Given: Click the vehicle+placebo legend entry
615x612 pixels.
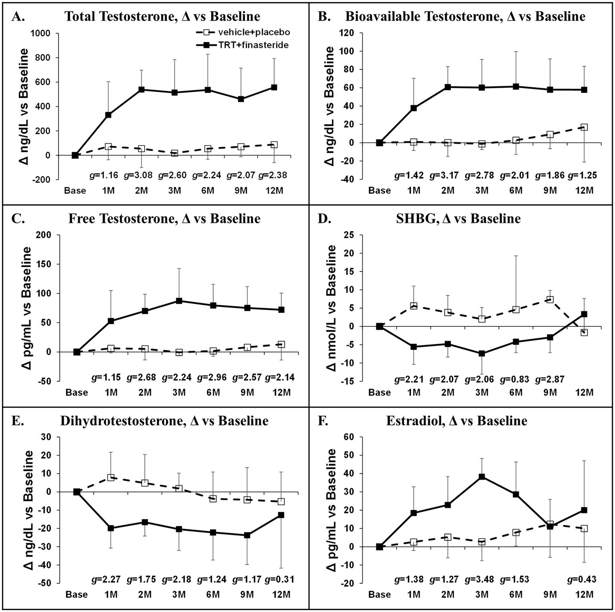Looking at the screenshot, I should pyautogui.click(x=242, y=32).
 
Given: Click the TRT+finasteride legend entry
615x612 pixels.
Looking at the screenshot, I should pyautogui.click(x=242, y=45).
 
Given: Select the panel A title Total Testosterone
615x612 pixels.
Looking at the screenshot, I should pyautogui.click(x=162, y=16).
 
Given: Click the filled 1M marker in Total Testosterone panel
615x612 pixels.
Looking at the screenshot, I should pyautogui.click(x=108, y=115).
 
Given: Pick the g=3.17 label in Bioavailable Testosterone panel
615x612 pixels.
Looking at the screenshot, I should pyautogui.click(x=444, y=175).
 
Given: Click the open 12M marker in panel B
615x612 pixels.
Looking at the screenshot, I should pyautogui.click(x=584, y=127).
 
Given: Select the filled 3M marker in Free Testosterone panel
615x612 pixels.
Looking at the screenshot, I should pyautogui.click(x=179, y=301).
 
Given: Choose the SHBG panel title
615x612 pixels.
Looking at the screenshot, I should pyautogui.click(x=458, y=219).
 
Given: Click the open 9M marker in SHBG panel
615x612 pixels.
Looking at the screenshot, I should pyautogui.click(x=550, y=300).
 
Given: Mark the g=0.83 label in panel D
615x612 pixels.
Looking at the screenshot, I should pyautogui.click(x=514, y=379).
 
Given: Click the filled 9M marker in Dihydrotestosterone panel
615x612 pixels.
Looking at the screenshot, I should pyautogui.click(x=247, y=535).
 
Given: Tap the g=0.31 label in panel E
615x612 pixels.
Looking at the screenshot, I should pyautogui.click(x=280, y=580).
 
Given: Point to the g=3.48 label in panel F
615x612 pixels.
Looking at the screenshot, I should pyautogui.click(x=479, y=580).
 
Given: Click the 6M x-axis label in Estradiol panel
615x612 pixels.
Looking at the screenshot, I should pyautogui.click(x=516, y=594).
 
